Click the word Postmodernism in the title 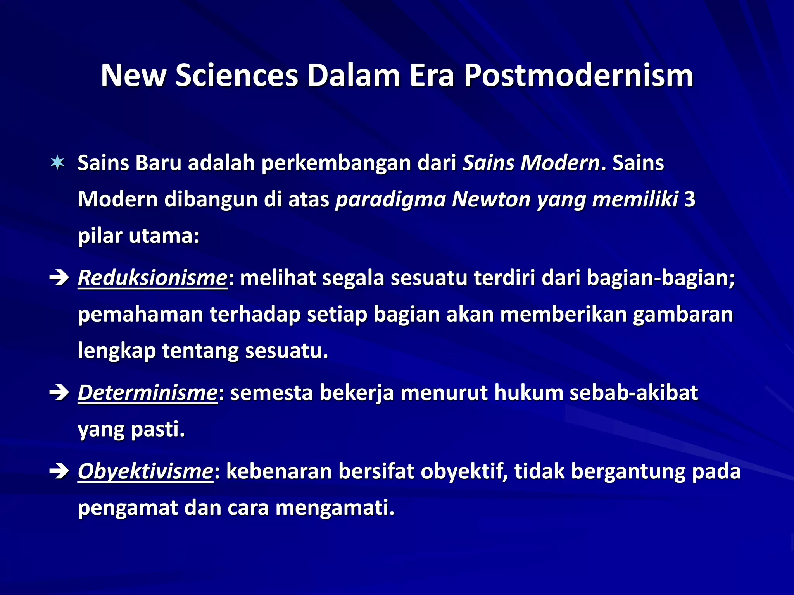[x=578, y=76]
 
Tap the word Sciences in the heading [x=236, y=76]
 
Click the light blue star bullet [x=57, y=163]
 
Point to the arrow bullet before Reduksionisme [x=59, y=278]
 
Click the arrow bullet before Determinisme [x=59, y=393]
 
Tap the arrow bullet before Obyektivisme [x=59, y=471]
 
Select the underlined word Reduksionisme [x=152, y=278]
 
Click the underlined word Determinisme [x=148, y=393]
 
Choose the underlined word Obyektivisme [x=145, y=471]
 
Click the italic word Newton [x=491, y=199]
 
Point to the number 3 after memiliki [x=690, y=199]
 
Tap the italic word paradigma [x=390, y=199]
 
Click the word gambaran [x=683, y=314]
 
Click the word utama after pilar [x=164, y=236]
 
